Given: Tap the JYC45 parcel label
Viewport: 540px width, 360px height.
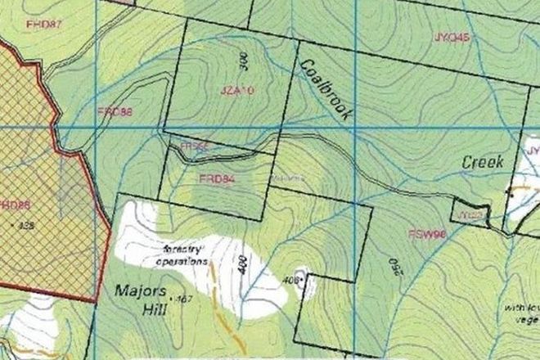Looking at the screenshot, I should [x=452, y=38].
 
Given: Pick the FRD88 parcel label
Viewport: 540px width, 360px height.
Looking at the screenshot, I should [x=115, y=110].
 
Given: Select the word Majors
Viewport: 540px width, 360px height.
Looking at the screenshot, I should [x=134, y=291].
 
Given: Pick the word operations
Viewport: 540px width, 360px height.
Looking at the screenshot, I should [x=182, y=262].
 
